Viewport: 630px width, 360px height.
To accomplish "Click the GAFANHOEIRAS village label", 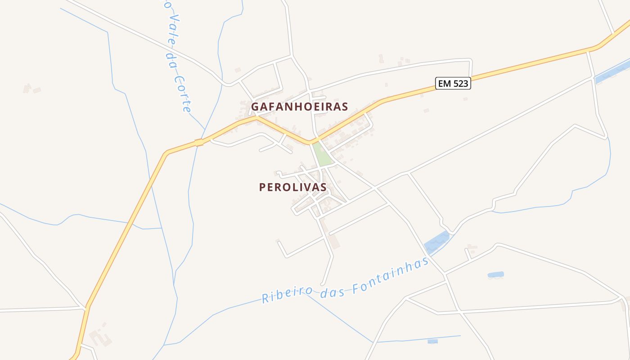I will (x=299, y=107).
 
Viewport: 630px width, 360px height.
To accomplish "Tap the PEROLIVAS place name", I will (x=292, y=187).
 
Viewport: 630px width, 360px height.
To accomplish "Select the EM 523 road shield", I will (x=453, y=83).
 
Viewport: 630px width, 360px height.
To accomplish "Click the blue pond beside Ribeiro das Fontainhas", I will (x=436, y=242).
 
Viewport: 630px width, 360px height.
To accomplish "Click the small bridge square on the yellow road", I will (x=199, y=143).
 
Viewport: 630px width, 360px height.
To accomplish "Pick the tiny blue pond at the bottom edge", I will (x=432, y=341).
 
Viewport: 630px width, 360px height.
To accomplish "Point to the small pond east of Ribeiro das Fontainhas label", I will (x=495, y=274).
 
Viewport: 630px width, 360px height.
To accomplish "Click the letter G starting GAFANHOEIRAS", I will (x=255, y=107).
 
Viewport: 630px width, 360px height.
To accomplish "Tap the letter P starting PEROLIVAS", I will (x=262, y=187).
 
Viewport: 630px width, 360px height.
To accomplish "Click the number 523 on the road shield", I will (x=460, y=83).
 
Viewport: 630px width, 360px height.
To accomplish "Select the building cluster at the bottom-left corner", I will (x=100, y=337).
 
